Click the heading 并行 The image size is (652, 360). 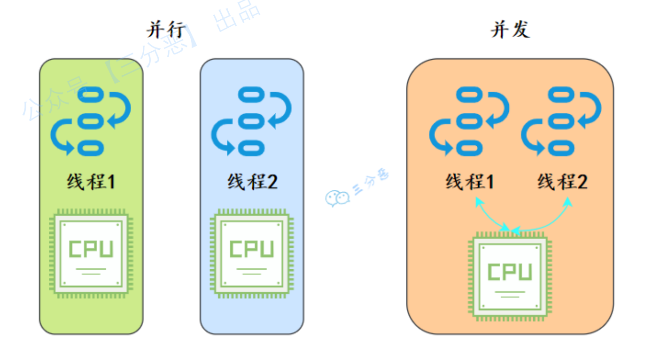pyautogui.click(x=167, y=30)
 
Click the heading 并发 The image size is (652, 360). pyautogui.click(x=510, y=30)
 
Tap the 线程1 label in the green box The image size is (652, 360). pyautogui.click(x=91, y=182)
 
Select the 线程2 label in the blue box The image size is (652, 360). pyautogui.click(x=252, y=182)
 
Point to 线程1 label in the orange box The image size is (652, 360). pyautogui.click(x=470, y=182)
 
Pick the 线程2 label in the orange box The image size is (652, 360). pyautogui.click(x=562, y=182)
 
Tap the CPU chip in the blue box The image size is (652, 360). pyautogui.click(x=252, y=253)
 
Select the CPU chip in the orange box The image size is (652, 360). pyautogui.click(x=510, y=276)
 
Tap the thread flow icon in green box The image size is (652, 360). pyautogui.click(x=91, y=122)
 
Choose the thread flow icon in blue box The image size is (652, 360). pyautogui.click(x=251, y=122)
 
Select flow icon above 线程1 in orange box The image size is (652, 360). pyautogui.click(x=470, y=122)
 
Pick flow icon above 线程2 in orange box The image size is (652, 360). pyautogui.click(x=562, y=122)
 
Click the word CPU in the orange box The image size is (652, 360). pyautogui.click(x=510, y=272)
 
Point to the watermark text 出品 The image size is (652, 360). pyautogui.click(x=237, y=17)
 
